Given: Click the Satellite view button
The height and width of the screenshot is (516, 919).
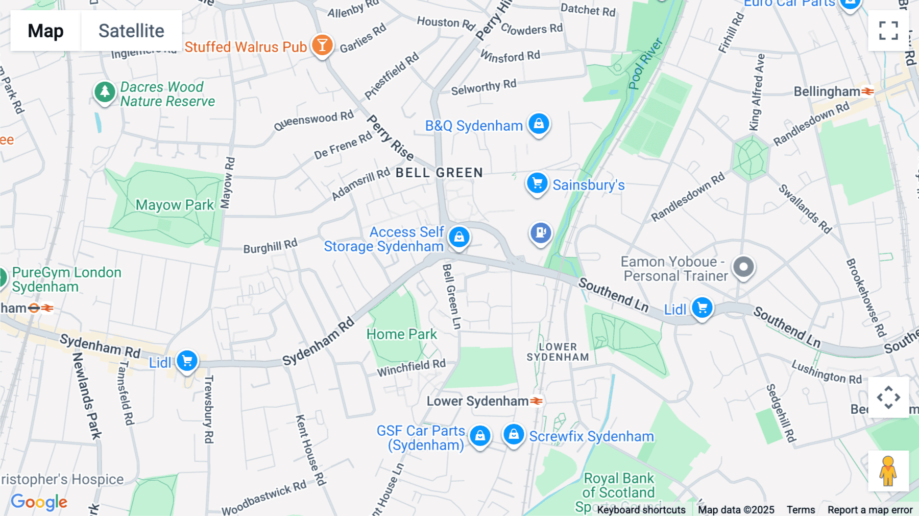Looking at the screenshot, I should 131,31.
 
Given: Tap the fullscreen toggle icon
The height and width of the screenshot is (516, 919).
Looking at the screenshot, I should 888,31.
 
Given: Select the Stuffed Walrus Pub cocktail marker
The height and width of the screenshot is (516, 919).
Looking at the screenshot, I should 322,45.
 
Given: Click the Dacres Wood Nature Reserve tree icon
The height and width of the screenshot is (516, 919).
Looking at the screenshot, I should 105,92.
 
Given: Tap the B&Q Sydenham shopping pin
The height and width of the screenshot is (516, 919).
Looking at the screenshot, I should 539,124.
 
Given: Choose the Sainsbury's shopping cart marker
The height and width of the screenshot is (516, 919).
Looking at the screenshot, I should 537,183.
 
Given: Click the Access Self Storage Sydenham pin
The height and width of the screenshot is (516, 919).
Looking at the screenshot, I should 459,237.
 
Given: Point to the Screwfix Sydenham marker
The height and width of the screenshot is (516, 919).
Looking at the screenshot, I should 514,434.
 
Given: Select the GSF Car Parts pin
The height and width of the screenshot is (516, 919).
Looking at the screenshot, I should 480,436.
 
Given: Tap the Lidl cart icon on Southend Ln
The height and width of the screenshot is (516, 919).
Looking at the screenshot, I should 702,308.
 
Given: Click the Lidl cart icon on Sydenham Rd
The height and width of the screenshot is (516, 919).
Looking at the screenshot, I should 187,361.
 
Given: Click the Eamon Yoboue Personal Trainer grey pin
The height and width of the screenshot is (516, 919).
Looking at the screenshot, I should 743,267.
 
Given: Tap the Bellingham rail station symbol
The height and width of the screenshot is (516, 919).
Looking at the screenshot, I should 867,91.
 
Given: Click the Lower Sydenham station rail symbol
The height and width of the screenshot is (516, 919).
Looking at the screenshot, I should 536,401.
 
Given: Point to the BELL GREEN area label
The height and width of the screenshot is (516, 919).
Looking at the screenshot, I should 439,173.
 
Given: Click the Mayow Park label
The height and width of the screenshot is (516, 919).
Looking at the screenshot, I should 175,205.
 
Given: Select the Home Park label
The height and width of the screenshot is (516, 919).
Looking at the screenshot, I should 401,334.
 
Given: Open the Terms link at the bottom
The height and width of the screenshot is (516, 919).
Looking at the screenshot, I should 801,509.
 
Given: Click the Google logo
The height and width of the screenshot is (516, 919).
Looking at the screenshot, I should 39,502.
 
